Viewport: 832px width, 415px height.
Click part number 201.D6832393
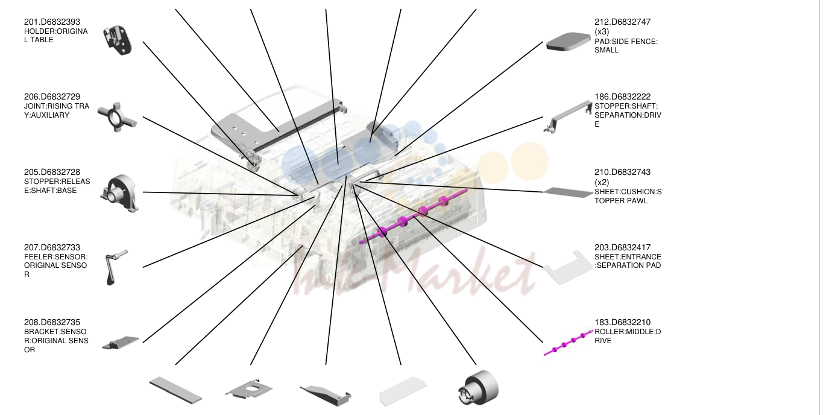click(x=52, y=22)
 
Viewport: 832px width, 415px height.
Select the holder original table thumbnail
click(x=118, y=40)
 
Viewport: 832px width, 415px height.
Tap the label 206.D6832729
click(x=52, y=97)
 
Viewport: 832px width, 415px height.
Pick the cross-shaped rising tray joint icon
click(x=118, y=117)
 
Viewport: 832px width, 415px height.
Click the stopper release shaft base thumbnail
click(x=119, y=193)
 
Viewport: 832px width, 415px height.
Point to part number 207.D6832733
click(x=52, y=247)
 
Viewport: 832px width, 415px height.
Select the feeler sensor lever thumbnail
click(x=116, y=267)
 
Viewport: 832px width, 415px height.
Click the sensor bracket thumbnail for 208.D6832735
click(x=121, y=343)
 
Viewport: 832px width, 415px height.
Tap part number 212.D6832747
click(x=623, y=22)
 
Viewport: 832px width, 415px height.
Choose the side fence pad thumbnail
click(x=568, y=41)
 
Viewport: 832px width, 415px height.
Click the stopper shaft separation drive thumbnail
click(x=568, y=116)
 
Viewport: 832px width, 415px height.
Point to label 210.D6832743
click(x=623, y=172)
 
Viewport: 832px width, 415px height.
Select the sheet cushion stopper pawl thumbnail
click(x=568, y=192)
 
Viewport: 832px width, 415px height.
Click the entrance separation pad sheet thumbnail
click(x=568, y=267)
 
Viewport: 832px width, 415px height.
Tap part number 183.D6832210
click(x=623, y=322)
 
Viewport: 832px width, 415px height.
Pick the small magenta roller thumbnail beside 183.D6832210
click(x=568, y=342)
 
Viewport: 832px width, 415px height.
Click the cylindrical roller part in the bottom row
click(x=478, y=387)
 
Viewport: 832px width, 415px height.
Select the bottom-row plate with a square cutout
click(x=249, y=389)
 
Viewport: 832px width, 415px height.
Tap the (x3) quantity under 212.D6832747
click(x=602, y=32)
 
